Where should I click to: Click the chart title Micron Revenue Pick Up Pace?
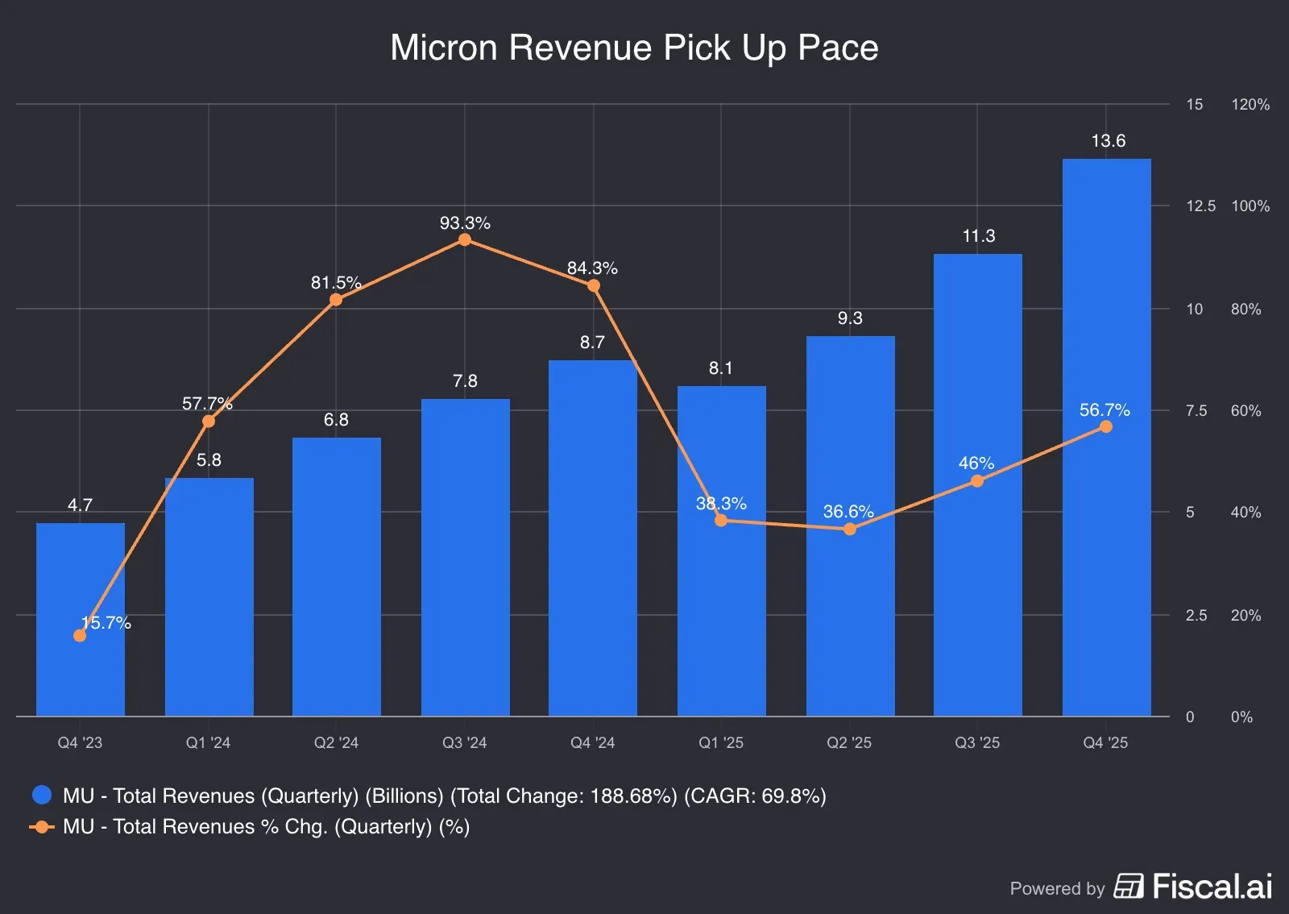pyautogui.click(x=634, y=48)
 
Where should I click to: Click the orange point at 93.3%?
pyautogui.click(x=465, y=240)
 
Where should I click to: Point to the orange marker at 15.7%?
pyautogui.click(x=80, y=636)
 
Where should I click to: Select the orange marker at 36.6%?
pyautogui.click(x=850, y=530)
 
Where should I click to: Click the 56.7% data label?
pyautogui.click(x=1105, y=410)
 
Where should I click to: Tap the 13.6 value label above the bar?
pyautogui.click(x=1108, y=141)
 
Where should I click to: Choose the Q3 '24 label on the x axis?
pyautogui.click(x=465, y=743)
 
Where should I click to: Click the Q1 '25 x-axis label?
pyautogui.click(x=721, y=743)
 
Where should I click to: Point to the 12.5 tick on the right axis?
pyautogui.click(x=1200, y=206)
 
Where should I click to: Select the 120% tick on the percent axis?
pyautogui.click(x=1250, y=105)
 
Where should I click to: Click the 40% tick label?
pyautogui.click(x=1245, y=513)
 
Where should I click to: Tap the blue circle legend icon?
pyautogui.click(x=42, y=796)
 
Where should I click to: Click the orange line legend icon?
pyautogui.click(x=42, y=827)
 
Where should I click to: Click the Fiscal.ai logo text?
pyautogui.click(x=1212, y=887)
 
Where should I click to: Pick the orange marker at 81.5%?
pyautogui.click(x=336, y=301)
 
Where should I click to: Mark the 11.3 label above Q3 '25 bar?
pyautogui.click(x=978, y=236)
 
